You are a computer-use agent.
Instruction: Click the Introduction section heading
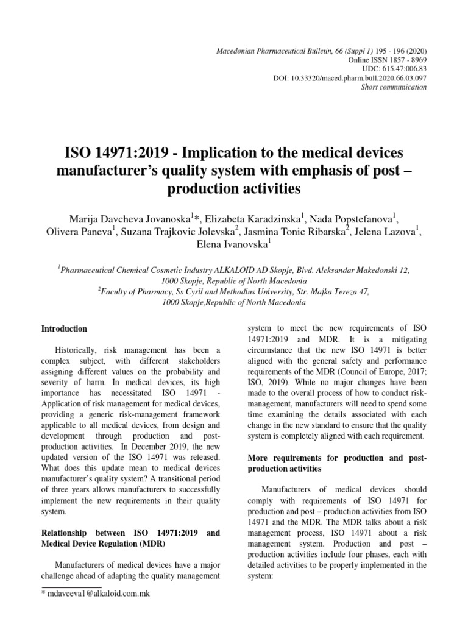(64, 328)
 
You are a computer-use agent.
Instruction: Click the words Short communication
(402, 87)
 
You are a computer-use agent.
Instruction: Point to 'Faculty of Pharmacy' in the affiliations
(135, 291)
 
